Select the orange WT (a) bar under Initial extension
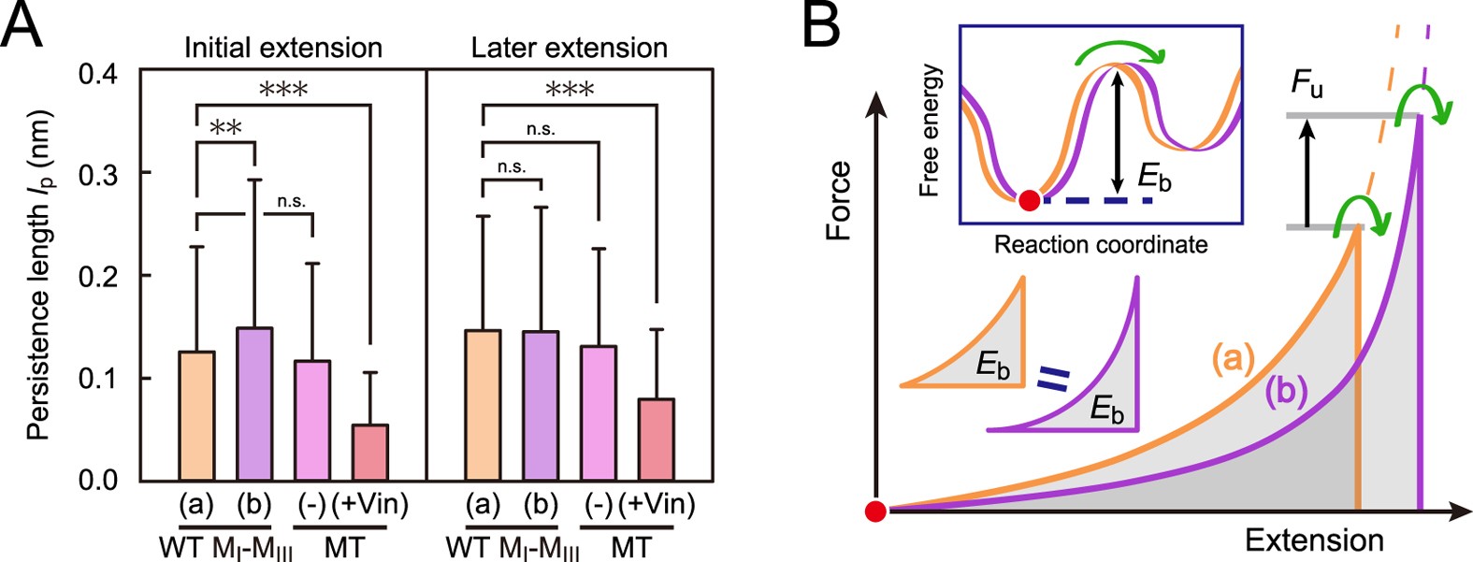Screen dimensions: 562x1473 (x=196, y=415)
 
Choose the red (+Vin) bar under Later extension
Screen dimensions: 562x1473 (x=656, y=439)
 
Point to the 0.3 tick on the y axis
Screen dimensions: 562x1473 (x=103, y=174)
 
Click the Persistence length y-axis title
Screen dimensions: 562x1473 (x=37, y=276)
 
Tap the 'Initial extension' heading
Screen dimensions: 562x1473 (x=282, y=48)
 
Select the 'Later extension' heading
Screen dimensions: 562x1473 (x=569, y=48)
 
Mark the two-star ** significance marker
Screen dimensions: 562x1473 (x=225, y=128)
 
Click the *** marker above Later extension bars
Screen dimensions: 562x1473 (x=570, y=91)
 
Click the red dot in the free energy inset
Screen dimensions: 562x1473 (x=1029, y=200)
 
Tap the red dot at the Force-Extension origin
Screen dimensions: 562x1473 (x=875, y=511)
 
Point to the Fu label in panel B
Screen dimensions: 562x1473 (x=1307, y=85)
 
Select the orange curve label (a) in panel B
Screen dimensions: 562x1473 (x=1233, y=359)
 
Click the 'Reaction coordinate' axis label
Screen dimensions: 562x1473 (x=1100, y=245)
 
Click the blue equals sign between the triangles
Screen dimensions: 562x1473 (x=1053, y=379)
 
